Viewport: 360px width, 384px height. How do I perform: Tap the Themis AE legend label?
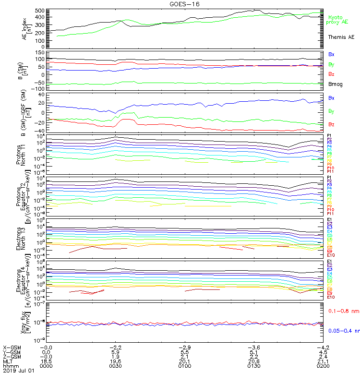(x=341, y=37)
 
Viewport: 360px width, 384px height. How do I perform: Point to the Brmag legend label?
(x=336, y=85)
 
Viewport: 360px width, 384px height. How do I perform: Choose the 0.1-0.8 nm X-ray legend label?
(x=344, y=312)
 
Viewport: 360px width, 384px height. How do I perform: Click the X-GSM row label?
(x=12, y=347)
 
